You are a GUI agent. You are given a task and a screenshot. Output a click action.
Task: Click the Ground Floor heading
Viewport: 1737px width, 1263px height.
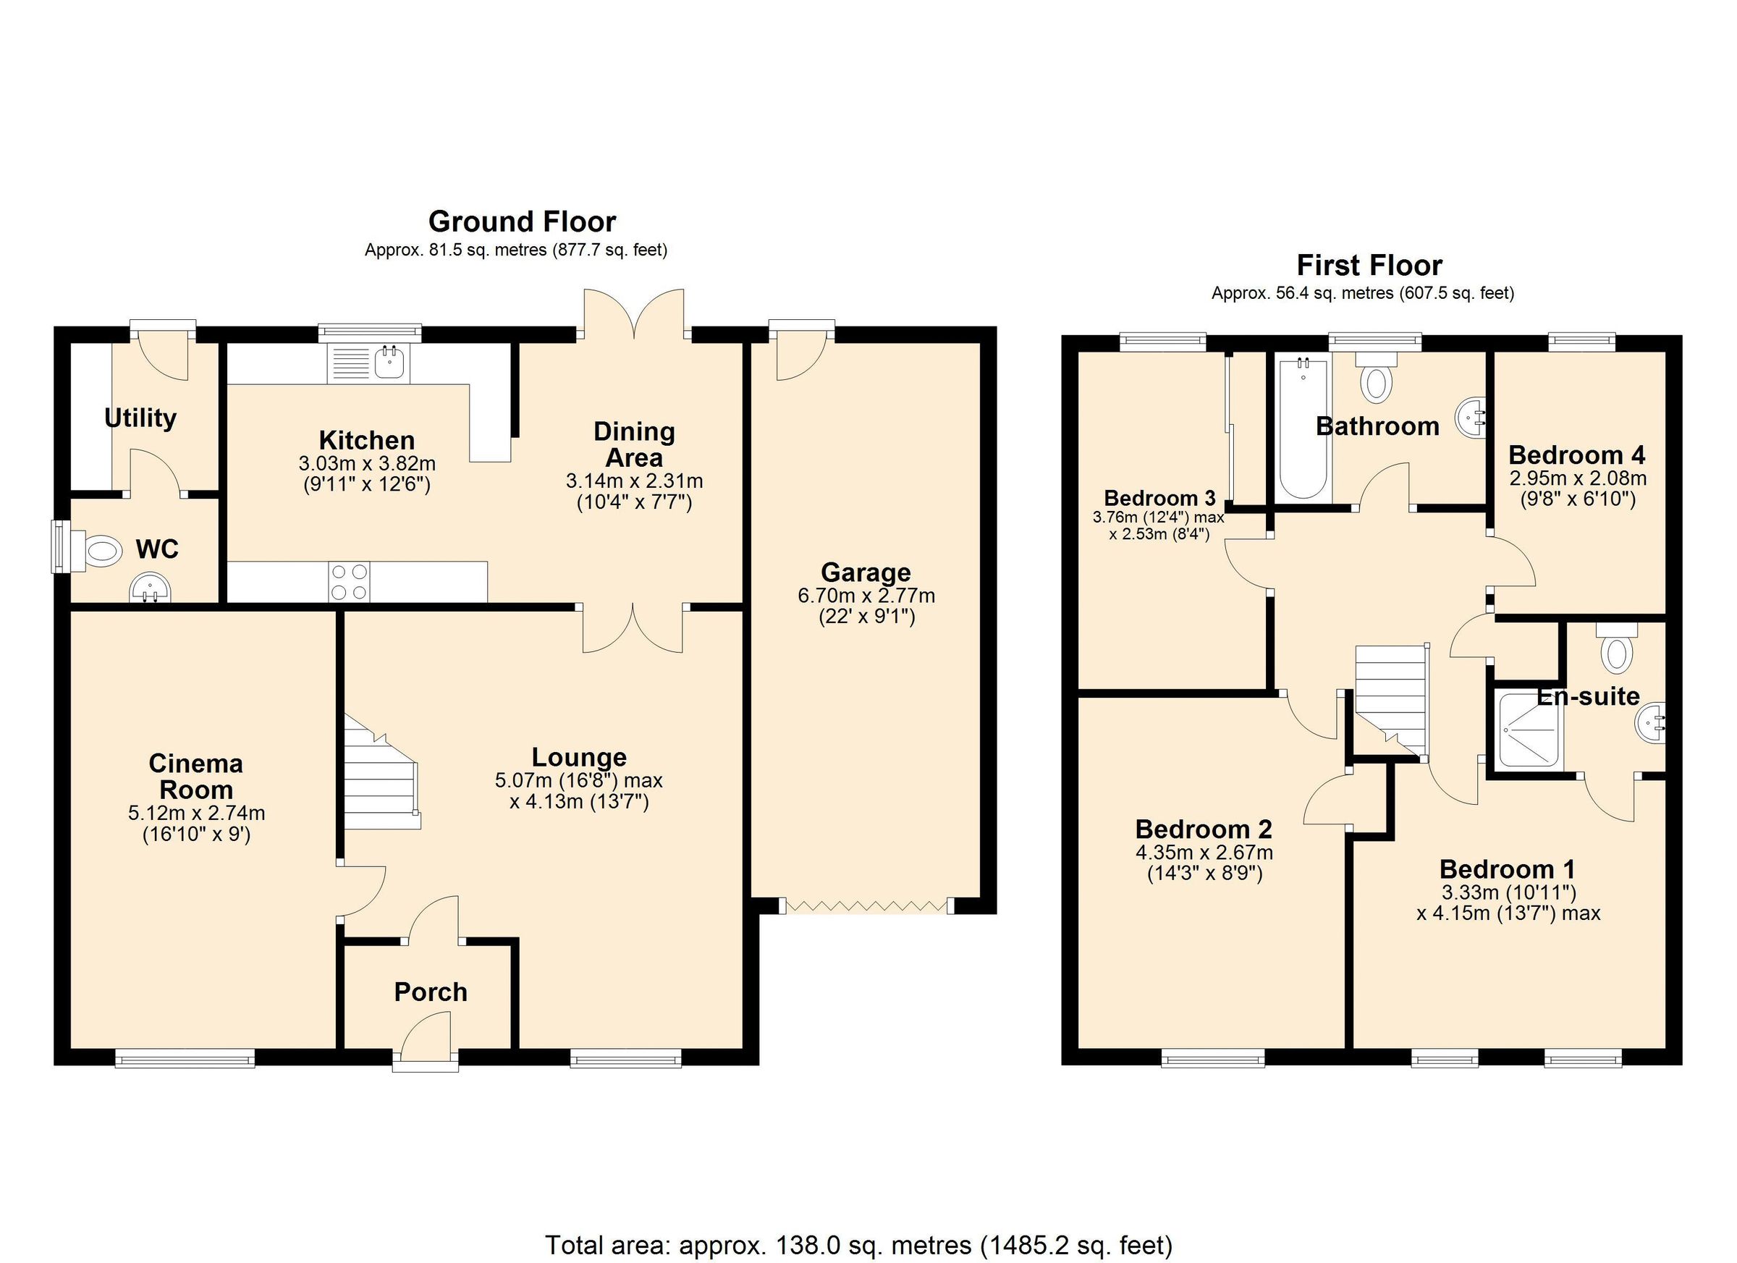click(522, 222)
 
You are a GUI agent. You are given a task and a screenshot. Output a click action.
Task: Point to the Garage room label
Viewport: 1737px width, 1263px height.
click(866, 572)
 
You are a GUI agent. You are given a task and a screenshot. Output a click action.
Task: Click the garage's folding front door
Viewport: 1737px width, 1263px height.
click(866, 906)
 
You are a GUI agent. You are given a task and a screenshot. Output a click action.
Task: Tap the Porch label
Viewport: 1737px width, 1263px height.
click(431, 992)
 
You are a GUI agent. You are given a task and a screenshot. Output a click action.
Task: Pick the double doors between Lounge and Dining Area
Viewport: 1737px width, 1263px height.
click(633, 628)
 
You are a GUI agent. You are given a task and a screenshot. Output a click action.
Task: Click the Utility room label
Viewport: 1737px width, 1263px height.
click(140, 418)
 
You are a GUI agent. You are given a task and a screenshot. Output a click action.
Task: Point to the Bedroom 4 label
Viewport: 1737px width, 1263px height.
click(1577, 456)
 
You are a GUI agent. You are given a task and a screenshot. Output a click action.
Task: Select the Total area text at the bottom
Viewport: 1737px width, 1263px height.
click(858, 1245)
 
